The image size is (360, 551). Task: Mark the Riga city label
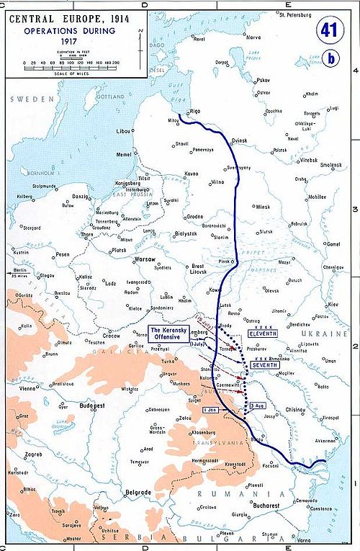(195, 111)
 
